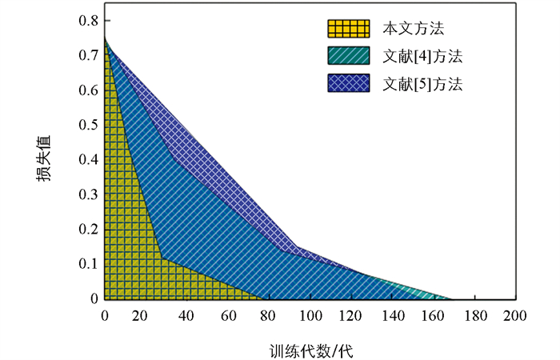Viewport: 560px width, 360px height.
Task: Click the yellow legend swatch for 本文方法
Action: [x=348, y=29]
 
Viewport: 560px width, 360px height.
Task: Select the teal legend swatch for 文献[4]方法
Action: [x=348, y=55]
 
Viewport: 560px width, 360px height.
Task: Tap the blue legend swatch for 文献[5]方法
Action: [x=348, y=82]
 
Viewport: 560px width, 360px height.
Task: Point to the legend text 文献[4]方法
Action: [x=422, y=56]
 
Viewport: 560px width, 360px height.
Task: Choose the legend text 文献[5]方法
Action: [x=422, y=82]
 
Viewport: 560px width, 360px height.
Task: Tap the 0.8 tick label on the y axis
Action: [x=87, y=20]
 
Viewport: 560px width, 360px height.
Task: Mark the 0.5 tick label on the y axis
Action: [x=87, y=125]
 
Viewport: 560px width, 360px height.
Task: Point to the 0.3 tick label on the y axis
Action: [x=87, y=194]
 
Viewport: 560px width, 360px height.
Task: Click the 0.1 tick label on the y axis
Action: [x=87, y=264]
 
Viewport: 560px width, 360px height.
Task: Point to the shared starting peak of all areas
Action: [x=105, y=38]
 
